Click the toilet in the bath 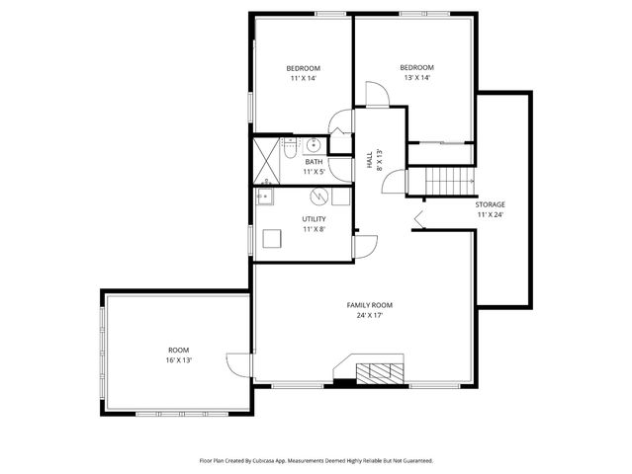point(286,149)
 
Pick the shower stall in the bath point(264,161)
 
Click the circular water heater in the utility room point(319,195)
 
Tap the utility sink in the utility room point(265,197)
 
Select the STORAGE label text point(490,204)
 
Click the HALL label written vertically point(369,158)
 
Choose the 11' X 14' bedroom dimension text point(304,78)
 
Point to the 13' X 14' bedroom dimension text point(416,77)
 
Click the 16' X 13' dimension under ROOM point(178,360)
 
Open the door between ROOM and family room point(239,364)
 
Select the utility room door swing point(364,248)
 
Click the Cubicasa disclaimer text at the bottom point(316,459)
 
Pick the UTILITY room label point(314,218)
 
